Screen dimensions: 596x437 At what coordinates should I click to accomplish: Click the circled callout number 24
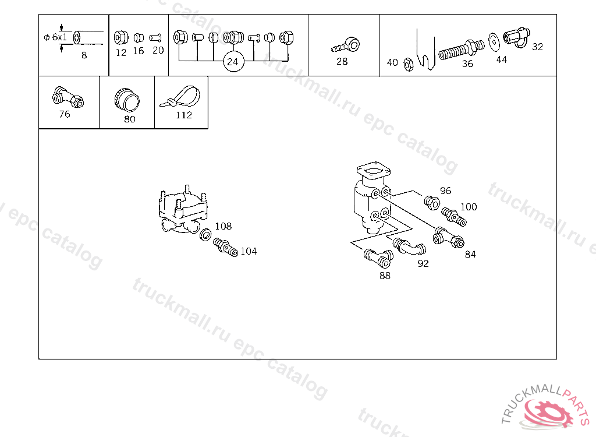233,62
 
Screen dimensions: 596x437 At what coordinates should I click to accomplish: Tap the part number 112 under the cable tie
184,115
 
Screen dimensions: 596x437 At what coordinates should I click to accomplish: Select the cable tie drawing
180,97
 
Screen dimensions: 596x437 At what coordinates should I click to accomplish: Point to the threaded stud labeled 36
462,50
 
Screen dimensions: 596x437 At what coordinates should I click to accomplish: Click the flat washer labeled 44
494,42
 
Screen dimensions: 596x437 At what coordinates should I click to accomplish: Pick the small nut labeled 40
408,65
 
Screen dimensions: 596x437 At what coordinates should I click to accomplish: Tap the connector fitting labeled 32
517,37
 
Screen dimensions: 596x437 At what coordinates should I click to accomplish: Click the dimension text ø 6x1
55,37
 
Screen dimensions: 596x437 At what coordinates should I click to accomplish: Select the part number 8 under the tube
84,55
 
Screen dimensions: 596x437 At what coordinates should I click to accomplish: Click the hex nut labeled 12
121,37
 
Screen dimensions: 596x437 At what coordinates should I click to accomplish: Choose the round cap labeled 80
126,100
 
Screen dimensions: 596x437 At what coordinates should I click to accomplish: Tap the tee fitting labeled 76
68,97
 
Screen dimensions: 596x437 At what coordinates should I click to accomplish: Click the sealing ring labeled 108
205,234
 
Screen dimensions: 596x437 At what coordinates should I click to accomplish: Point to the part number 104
249,251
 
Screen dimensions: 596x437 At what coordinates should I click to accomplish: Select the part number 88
385,276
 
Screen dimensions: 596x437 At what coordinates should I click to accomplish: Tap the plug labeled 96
432,203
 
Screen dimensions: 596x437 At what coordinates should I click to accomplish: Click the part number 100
469,207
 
